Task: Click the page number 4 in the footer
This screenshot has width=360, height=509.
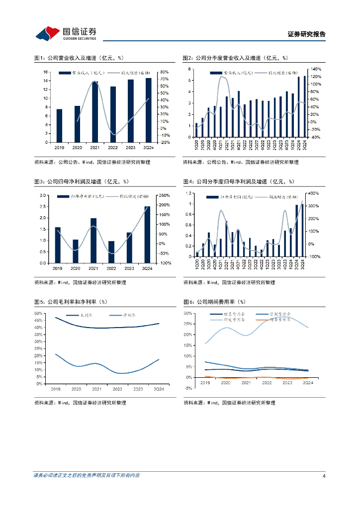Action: [324, 476]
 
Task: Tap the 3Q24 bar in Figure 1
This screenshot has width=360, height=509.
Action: [148, 110]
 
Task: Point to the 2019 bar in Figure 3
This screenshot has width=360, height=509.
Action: [58, 245]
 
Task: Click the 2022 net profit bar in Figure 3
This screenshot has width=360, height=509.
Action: [111, 252]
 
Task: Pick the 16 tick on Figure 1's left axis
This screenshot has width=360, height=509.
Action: [45, 72]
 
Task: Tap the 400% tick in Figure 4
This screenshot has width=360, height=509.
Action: [315, 193]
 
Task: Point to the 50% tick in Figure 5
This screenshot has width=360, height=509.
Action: [38, 313]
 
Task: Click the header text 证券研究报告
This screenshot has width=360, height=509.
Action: [307, 34]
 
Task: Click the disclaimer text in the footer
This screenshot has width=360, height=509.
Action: [87, 476]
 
